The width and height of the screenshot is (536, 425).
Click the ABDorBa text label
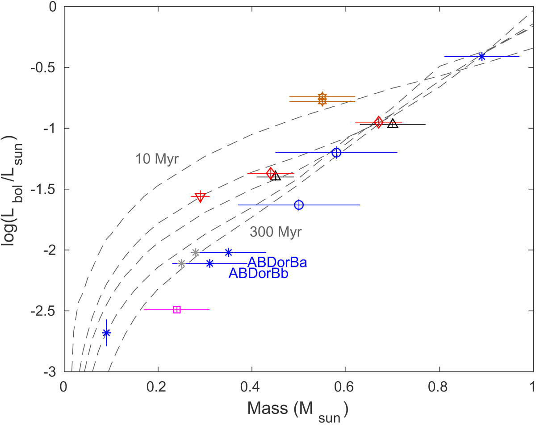(277, 262)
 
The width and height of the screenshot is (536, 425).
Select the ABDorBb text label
(258, 274)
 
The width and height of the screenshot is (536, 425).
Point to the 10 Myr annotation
(157, 159)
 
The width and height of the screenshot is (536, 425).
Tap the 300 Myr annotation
(276, 232)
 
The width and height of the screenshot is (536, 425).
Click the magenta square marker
(176, 309)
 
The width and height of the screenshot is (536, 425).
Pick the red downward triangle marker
(200, 196)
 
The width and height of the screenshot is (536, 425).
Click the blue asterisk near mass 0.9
(482, 56)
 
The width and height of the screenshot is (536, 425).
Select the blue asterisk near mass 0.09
(106, 333)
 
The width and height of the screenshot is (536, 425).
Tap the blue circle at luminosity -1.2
(336, 153)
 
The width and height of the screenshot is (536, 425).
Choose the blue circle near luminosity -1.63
(299, 205)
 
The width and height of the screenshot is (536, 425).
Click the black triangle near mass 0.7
(393, 124)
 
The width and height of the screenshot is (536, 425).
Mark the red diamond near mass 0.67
(379, 122)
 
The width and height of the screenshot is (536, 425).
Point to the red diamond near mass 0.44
(270, 173)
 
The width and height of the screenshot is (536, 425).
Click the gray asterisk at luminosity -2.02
(195, 253)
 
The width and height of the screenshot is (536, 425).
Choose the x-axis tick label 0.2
(158, 384)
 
